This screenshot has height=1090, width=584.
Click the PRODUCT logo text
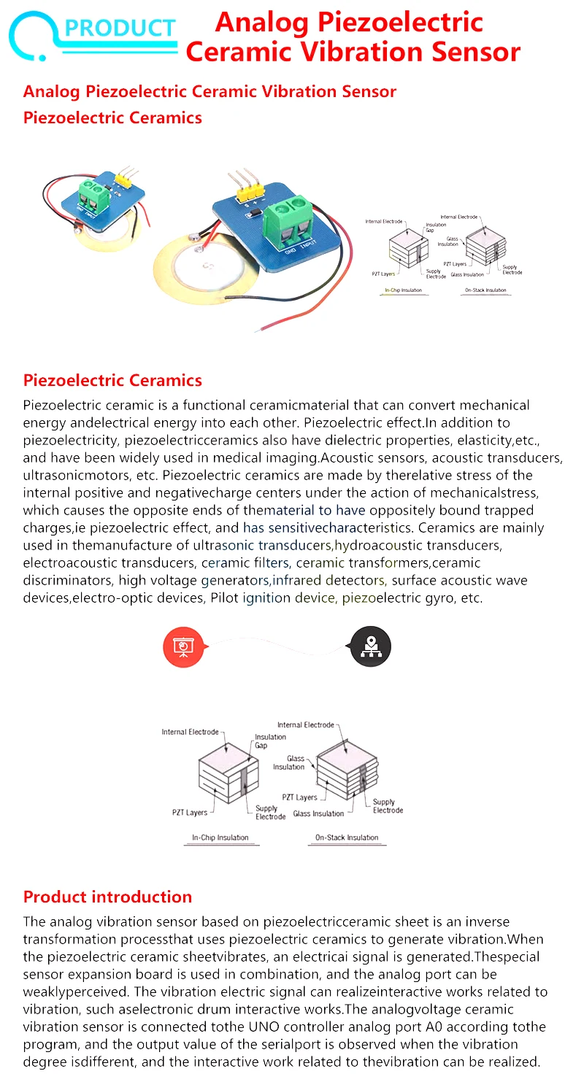[120, 28]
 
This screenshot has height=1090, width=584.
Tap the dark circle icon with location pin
[371, 646]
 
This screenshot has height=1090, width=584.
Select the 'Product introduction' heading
[107, 897]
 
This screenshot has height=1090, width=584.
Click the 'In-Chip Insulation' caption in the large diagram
[220, 838]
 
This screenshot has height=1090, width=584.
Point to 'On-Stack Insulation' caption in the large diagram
[346, 838]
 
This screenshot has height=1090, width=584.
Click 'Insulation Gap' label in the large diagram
[270, 741]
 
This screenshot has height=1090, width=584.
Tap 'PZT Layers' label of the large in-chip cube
[189, 812]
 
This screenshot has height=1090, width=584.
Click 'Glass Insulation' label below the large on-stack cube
[318, 813]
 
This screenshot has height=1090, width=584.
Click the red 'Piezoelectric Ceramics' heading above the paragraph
[112, 380]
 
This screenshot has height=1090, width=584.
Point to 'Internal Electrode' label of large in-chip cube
[190, 732]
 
